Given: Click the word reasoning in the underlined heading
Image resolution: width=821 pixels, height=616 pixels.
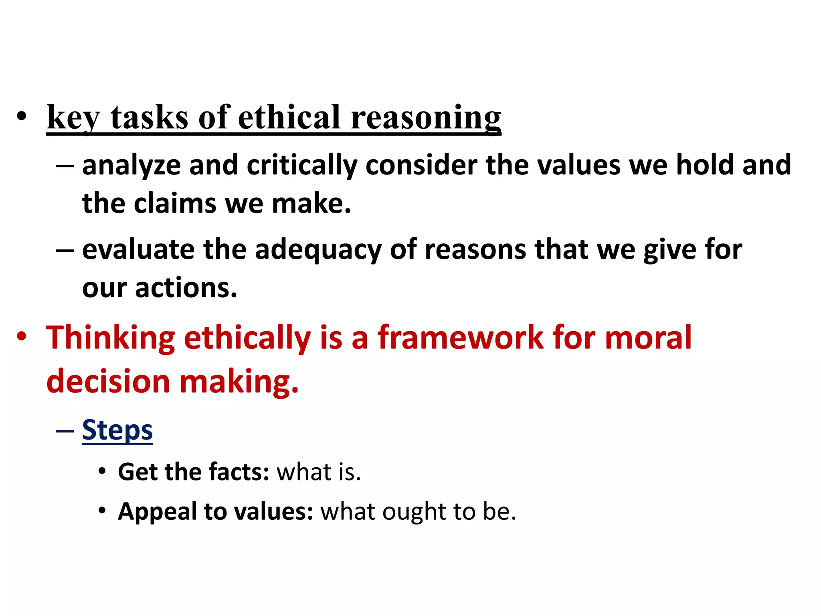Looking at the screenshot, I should tap(426, 118).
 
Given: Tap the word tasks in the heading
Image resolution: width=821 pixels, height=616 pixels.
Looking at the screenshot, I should tap(149, 118).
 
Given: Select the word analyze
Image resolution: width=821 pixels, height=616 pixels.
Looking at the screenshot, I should tap(131, 166).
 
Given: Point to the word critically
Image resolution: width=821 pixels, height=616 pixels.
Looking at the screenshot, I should tap(301, 166).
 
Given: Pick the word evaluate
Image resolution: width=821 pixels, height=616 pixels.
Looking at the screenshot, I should tap(138, 249).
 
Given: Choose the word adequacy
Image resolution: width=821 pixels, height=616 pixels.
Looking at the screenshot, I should tap(318, 250).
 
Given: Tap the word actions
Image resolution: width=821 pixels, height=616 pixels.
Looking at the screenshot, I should tap(186, 288).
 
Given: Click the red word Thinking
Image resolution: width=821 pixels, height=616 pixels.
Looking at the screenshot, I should tap(111, 338).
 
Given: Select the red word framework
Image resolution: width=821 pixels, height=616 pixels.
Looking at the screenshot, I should tap(460, 338).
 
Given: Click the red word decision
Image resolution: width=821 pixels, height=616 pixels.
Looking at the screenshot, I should tap(108, 381).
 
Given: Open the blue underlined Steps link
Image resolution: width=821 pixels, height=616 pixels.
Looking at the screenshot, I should tap(117, 430).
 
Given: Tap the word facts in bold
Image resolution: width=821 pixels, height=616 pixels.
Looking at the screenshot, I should tap(239, 472).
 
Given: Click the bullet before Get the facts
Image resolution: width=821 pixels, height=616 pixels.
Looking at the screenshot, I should tap(102, 471).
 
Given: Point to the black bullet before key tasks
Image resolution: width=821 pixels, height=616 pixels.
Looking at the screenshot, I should tap(22, 116).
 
